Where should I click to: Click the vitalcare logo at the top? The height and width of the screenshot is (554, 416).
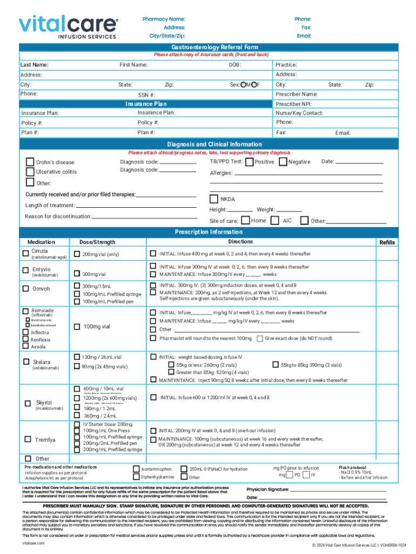68,26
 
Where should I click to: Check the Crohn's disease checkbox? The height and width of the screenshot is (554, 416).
30,162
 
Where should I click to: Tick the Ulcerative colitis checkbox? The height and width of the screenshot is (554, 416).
30,172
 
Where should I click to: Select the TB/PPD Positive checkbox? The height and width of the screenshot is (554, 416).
249,162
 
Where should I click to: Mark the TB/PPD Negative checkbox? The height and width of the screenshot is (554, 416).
283,162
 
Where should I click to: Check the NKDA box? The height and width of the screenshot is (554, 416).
214,199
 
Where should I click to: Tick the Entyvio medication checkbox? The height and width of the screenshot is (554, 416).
25,270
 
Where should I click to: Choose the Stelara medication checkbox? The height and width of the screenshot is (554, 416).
25,361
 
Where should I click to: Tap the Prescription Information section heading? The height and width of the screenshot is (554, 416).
208,232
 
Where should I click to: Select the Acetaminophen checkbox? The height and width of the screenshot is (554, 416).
136,469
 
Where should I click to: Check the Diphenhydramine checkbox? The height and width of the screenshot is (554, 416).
136,477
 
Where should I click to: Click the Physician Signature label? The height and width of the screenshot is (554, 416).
267,489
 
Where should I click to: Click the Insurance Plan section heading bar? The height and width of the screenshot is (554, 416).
146,104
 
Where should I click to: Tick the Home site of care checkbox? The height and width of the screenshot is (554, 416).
245,220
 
